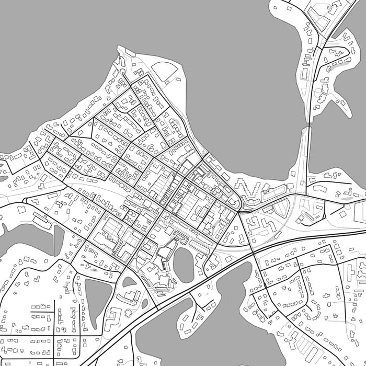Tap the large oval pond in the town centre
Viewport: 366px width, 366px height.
184,265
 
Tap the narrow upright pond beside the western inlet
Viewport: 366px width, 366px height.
59,241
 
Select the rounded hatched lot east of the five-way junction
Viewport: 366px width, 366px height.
281,210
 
